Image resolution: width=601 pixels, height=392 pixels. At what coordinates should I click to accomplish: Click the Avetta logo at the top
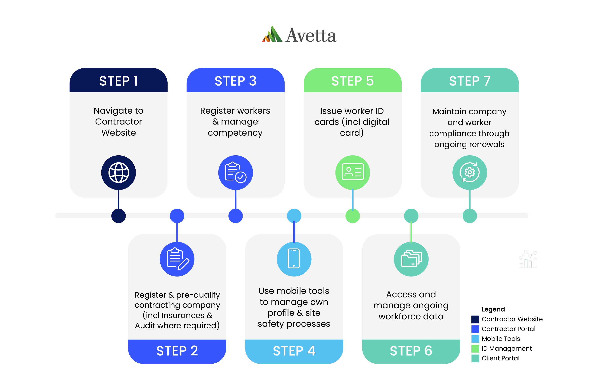pos(299,35)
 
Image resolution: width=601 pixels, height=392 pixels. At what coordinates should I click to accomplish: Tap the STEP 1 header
pos(118,81)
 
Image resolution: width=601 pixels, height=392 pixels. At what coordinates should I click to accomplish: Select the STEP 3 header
pos(235,81)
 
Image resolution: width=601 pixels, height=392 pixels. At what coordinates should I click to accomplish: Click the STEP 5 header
pos(353,81)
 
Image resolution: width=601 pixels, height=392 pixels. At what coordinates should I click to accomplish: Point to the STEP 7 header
pos(470,81)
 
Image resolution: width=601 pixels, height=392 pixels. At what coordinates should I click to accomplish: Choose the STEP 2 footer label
pos(177,351)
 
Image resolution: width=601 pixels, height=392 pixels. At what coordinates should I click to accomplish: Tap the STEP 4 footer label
pos(294,351)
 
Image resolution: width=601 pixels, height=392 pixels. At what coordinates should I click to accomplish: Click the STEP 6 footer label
pos(411,351)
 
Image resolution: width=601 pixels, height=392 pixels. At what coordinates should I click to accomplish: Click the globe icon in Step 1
pos(119,172)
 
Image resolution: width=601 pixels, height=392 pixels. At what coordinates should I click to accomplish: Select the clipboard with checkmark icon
pos(236,172)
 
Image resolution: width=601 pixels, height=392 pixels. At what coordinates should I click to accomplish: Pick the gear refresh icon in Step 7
pos(470,172)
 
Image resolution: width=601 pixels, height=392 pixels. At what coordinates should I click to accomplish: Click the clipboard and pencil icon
pos(177,259)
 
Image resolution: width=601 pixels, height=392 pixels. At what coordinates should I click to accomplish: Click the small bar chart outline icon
pos(528,259)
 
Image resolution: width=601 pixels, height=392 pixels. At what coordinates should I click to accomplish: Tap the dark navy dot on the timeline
pos(118,216)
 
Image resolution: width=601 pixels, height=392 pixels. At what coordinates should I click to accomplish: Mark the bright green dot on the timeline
pos(353,216)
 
